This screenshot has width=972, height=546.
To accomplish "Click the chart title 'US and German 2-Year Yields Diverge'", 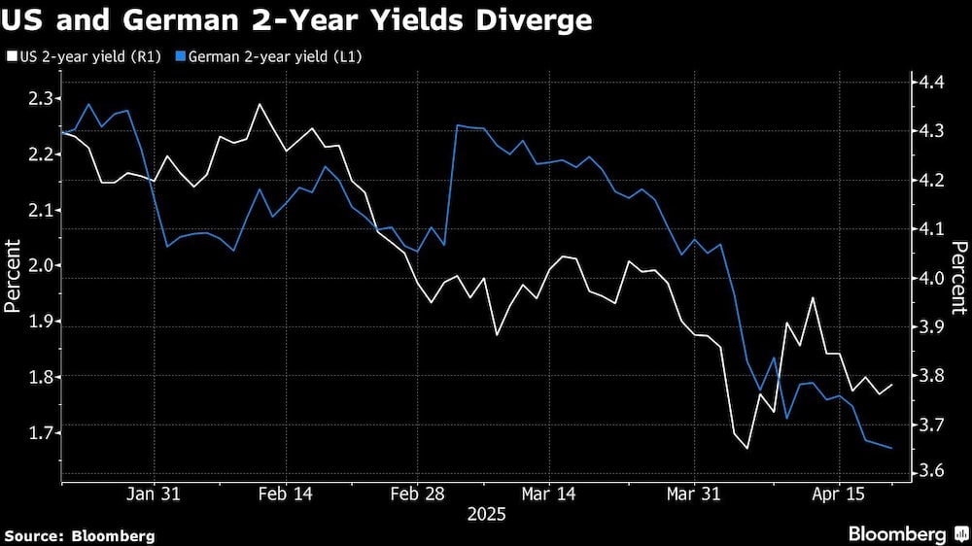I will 297,20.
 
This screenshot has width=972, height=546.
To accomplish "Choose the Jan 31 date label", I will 154,494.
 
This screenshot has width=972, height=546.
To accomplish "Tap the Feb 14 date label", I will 286,494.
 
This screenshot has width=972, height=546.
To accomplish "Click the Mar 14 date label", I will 548,494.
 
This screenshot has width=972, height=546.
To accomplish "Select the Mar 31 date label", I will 695,494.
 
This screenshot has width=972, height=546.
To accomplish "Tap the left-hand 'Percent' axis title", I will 13,278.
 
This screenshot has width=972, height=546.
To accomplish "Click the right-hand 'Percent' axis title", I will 957,278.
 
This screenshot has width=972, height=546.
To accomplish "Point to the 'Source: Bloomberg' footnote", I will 80,535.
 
